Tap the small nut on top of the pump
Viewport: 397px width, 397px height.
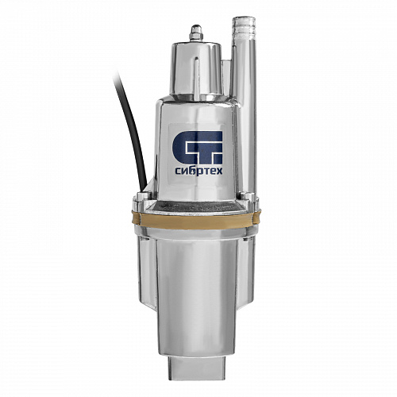pyautogui.click(x=196, y=33)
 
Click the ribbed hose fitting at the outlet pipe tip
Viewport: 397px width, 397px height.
pyautogui.click(x=244, y=27)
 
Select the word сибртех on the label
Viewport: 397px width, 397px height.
pyautogui.click(x=198, y=172)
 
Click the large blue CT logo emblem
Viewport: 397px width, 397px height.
pyautogui.click(x=197, y=148)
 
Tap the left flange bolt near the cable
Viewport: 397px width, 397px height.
pyautogui.click(x=144, y=196)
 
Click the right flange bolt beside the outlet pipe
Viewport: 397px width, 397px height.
pyautogui.click(x=248, y=197)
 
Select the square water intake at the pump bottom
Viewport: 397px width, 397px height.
pyautogui.click(x=196, y=367)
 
